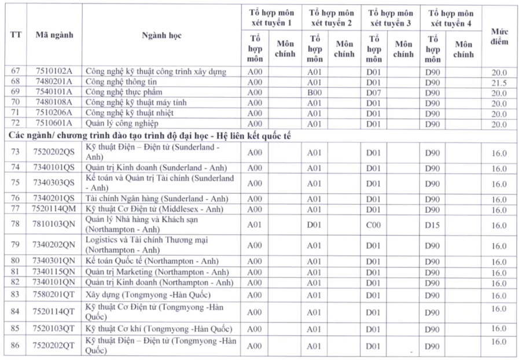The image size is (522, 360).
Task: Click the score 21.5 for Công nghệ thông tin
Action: click(x=499, y=83)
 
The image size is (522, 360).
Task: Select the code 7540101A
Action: click(x=54, y=93)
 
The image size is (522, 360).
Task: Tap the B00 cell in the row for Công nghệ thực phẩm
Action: click(x=314, y=93)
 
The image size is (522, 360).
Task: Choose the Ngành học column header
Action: click(x=161, y=35)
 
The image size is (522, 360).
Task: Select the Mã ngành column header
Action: click(x=54, y=35)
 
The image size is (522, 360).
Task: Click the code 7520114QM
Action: click(x=54, y=209)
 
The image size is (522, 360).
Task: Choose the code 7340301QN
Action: click(x=54, y=262)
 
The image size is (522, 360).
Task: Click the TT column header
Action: click(x=16, y=35)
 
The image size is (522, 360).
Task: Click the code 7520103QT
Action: click(x=54, y=329)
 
